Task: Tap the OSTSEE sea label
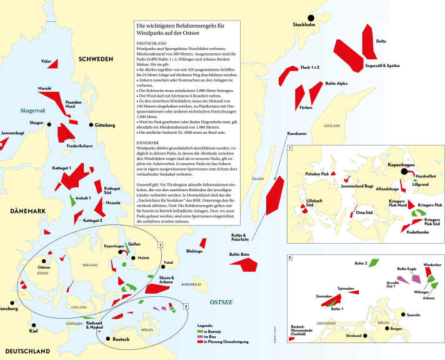click(x=221, y=301)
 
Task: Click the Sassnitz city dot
click(x=404, y=314)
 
